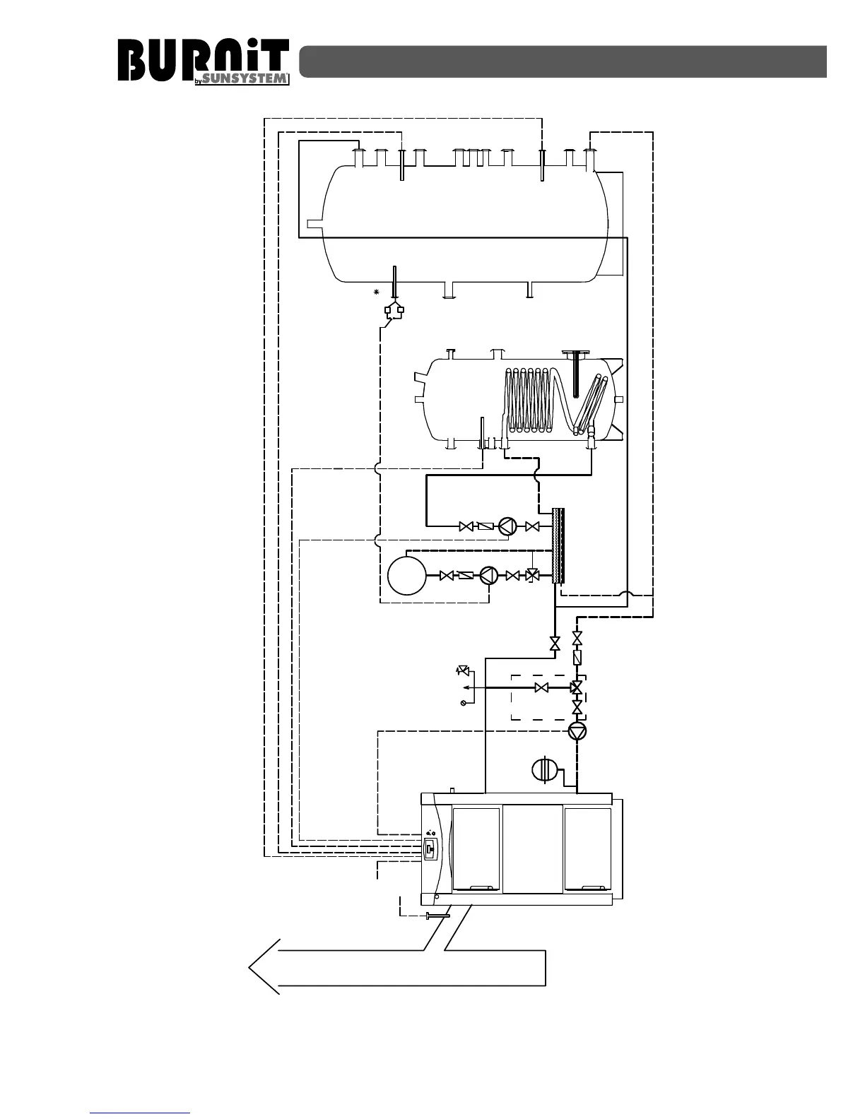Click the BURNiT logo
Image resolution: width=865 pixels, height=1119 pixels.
(x=203, y=61)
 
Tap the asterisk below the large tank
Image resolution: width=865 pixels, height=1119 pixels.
(x=376, y=292)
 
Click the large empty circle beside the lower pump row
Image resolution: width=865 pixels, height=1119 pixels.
(x=406, y=575)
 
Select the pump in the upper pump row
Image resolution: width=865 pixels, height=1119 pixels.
(x=507, y=526)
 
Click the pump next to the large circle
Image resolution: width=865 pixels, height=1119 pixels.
(x=488, y=575)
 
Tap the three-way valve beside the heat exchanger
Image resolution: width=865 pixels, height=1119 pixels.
(x=532, y=575)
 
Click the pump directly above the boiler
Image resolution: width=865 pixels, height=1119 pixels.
(x=578, y=732)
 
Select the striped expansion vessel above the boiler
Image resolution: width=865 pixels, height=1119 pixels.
(x=544, y=769)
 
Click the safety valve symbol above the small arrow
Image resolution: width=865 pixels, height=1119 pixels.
(x=464, y=669)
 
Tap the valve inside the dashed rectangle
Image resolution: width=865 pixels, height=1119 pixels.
(x=542, y=687)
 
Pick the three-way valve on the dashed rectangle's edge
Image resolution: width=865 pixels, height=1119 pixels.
(x=577, y=687)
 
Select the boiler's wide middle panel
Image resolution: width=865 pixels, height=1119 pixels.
(x=532, y=848)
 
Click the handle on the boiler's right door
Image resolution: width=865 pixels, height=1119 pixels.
(x=586, y=888)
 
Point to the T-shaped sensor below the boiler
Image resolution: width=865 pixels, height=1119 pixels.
(x=436, y=917)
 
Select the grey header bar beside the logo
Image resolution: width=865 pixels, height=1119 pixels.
(x=563, y=61)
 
